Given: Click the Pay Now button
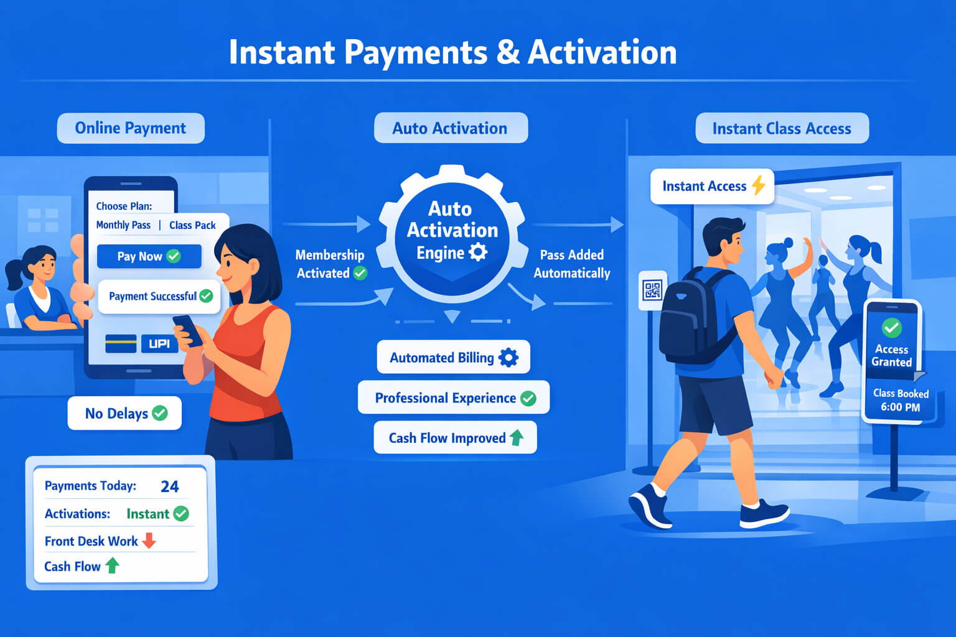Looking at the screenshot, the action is click(x=149, y=256).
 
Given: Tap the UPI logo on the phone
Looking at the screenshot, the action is click(x=159, y=343).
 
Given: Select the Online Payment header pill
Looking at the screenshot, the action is click(x=131, y=128).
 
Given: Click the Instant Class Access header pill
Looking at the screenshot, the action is click(x=782, y=128).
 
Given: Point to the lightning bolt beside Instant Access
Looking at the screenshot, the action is click(x=759, y=185).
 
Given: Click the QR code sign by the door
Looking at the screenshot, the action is click(x=652, y=290).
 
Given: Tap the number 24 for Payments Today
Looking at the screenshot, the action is click(x=169, y=486).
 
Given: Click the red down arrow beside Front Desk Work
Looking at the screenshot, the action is click(x=149, y=540).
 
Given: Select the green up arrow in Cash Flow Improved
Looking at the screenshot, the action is click(x=517, y=438).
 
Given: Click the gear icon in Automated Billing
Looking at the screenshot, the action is click(x=508, y=358).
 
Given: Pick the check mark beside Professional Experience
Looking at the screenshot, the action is click(x=528, y=398).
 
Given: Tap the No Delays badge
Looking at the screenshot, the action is click(x=124, y=413).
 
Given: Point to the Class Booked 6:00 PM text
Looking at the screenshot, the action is click(x=901, y=400).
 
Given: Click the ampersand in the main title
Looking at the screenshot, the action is click(x=508, y=53).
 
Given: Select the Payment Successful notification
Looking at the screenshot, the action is click(x=159, y=296).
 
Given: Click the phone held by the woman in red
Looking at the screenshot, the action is click(x=188, y=330).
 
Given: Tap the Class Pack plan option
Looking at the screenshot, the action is click(x=192, y=225).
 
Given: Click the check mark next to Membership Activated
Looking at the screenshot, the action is click(x=360, y=273).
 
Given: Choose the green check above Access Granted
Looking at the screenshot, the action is click(x=891, y=328).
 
